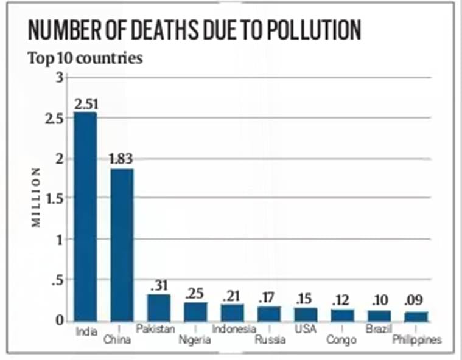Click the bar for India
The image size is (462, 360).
pyautogui.click(x=85, y=216)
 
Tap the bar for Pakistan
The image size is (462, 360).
pyautogui.click(x=159, y=307)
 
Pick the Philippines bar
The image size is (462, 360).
pyautogui.click(x=416, y=316)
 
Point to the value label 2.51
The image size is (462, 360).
pyautogui.click(x=85, y=104)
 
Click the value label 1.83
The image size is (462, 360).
pyautogui.click(x=121, y=159)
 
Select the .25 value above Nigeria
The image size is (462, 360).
pyautogui.click(x=194, y=293)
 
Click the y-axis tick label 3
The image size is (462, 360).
pyautogui.click(x=58, y=78)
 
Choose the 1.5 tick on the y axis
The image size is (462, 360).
pyautogui.click(x=54, y=198)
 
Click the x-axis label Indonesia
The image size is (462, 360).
pyautogui.click(x=234, y=329)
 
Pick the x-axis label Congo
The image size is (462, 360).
pyautogui.click(x=341, y=339)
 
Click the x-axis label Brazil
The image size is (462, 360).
pyautogui.click(x=378, y=329)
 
